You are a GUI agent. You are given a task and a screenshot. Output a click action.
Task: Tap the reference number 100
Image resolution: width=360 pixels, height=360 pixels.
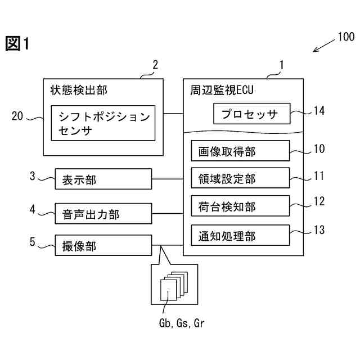tap(345, 38)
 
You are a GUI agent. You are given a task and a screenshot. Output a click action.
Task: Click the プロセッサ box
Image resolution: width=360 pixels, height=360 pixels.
tap(251, 114)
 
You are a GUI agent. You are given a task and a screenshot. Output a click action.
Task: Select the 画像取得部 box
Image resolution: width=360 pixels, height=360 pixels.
tap(240, 151)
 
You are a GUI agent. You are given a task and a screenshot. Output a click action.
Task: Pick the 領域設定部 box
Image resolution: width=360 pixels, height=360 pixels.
tap(240, 178)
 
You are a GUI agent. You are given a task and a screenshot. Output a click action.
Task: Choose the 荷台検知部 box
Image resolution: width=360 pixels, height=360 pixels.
tap(240, 206)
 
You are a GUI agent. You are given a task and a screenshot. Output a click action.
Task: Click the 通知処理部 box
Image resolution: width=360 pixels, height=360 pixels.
tap(240, 234)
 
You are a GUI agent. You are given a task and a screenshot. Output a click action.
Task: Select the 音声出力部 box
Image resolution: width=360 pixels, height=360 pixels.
tap(103, 213)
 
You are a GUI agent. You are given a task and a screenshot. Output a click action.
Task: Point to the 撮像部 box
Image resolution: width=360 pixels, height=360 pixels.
tap(103, 245)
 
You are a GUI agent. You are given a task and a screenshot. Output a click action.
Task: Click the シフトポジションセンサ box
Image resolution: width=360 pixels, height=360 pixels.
tap(103, 123)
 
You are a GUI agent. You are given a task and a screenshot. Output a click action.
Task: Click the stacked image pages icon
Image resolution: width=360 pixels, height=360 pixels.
tap(172, 287)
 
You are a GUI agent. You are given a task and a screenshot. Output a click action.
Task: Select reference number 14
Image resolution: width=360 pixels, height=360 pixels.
tap(319, 110)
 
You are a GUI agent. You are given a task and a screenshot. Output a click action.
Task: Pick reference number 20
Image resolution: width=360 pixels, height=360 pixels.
tap(17, 116)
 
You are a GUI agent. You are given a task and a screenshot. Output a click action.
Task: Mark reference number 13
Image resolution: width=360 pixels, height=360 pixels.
tap(319, 229)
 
